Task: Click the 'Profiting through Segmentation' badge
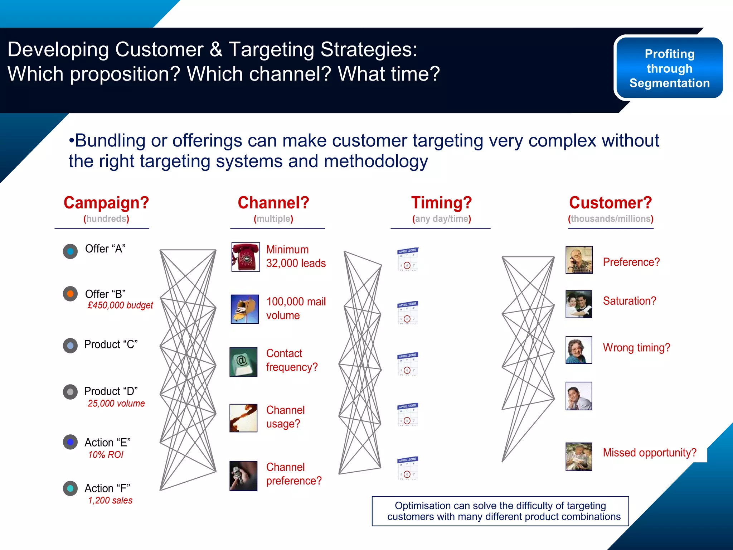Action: click(x=669, y=68)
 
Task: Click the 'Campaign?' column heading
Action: click(x=106, y=203)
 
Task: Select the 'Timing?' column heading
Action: click(x=441, y=203)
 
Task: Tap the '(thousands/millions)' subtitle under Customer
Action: click(x=611, y=219)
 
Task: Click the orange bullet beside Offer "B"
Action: click(x=71, y=294)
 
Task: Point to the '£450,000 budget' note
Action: click(x=120, y=305)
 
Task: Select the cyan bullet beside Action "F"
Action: click(x=71, y=488)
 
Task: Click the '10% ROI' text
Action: click(x=106, y=455)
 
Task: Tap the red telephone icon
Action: click(x=246, y=257)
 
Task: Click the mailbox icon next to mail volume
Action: click(x=245, y=309)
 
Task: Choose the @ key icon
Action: click(x=243, y=362)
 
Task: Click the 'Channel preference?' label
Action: click(x=293, y=474)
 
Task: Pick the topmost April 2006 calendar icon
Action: click(x=408, y=259)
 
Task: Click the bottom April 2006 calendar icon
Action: click(x=408, y=468)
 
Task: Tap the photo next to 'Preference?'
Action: click(x=579, y=260)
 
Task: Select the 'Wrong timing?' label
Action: click(x=636, y=348)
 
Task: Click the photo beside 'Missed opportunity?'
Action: click(x=579, y=457)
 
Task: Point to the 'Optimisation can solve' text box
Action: click(x=500, y=511)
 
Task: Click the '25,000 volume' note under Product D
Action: click(x=116, y=404)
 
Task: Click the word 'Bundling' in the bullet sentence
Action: click(x=110, y=141)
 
